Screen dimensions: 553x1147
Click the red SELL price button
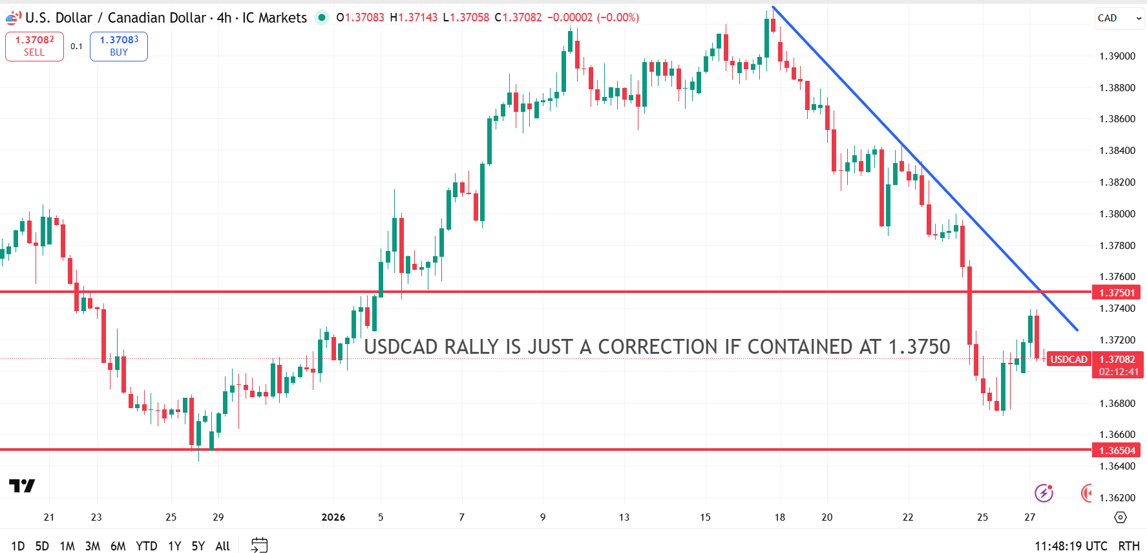pos(34,46)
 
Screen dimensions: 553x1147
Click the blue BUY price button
pos(119,46)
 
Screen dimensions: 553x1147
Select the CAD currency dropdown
pos(1119,18)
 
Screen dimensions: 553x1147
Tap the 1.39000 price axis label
pos(1117,56)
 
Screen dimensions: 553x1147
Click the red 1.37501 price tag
pos(1117,293)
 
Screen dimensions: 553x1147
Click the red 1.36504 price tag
pos(1117,451)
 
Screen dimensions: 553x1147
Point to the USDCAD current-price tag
pos(1069,360)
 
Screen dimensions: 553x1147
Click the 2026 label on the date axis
pos(333,517)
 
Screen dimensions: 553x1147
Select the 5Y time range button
pos(198,546)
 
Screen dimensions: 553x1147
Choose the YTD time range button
pos(147,546)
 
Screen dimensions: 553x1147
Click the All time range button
pos(222,546)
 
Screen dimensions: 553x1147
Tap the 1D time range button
pos(18,546)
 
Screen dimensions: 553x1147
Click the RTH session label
pos(1129,546)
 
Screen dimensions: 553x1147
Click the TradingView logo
pos(22,486)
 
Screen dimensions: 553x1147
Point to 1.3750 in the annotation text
pos(919,347)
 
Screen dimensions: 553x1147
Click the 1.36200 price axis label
pos(1117,498)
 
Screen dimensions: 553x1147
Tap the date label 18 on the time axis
pos(780,517)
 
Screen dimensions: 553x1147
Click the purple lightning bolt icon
pos(1044,493)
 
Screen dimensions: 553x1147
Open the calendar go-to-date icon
pos(259,545)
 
